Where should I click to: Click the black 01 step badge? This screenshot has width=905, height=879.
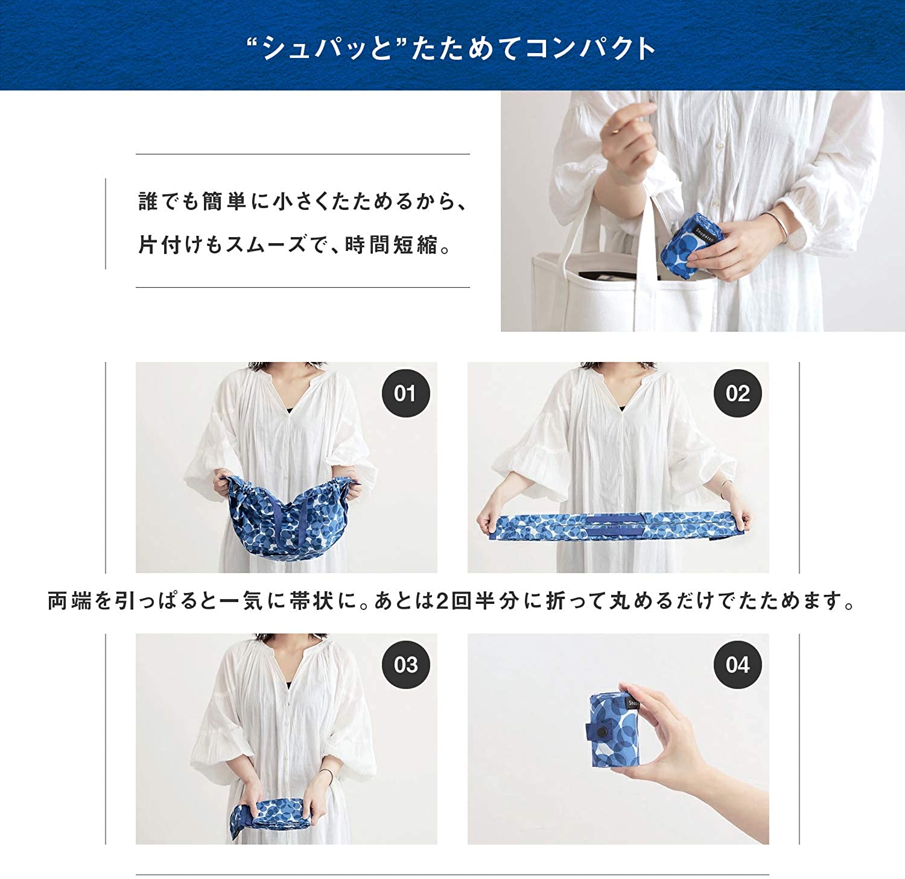pos(405,393)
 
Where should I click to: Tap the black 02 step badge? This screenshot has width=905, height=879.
pos(737,393)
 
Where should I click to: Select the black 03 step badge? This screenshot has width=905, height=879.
pos(405,665)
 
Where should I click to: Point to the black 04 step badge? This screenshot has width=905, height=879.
pos(737,665)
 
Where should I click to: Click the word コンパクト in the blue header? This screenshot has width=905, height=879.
pos(589,48)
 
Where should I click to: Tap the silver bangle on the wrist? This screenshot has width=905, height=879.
pos(778,226)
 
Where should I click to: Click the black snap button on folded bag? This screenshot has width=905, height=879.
pos(600,731)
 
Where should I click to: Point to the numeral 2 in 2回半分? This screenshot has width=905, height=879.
pos(442,601)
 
